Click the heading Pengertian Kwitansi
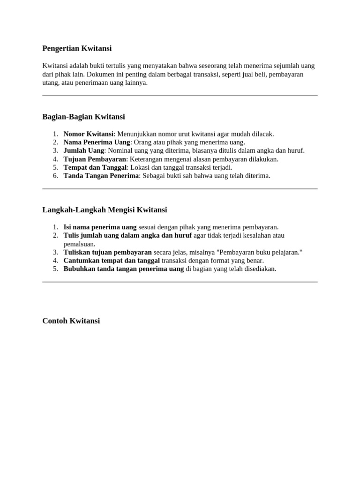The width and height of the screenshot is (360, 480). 77,48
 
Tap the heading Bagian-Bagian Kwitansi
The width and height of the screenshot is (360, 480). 83,117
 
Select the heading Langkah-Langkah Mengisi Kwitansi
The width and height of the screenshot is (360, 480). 105,210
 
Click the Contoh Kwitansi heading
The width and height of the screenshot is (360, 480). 71,321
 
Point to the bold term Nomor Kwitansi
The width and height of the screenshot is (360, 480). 89,134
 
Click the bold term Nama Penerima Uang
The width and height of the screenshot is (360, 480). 97,142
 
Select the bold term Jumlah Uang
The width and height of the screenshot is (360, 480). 84,150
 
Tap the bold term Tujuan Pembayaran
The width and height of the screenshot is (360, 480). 95,159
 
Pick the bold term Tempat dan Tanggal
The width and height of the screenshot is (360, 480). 95,167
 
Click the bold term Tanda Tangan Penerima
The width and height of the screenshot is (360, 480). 101,176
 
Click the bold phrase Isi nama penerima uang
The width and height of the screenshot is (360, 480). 100,227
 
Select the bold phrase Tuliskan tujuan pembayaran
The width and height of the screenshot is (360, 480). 108,252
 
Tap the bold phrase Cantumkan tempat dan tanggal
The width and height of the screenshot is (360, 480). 112,261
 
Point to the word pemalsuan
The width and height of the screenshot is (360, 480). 79,244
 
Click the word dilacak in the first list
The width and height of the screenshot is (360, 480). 263,134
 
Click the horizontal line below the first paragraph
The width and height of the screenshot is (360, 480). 180,96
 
